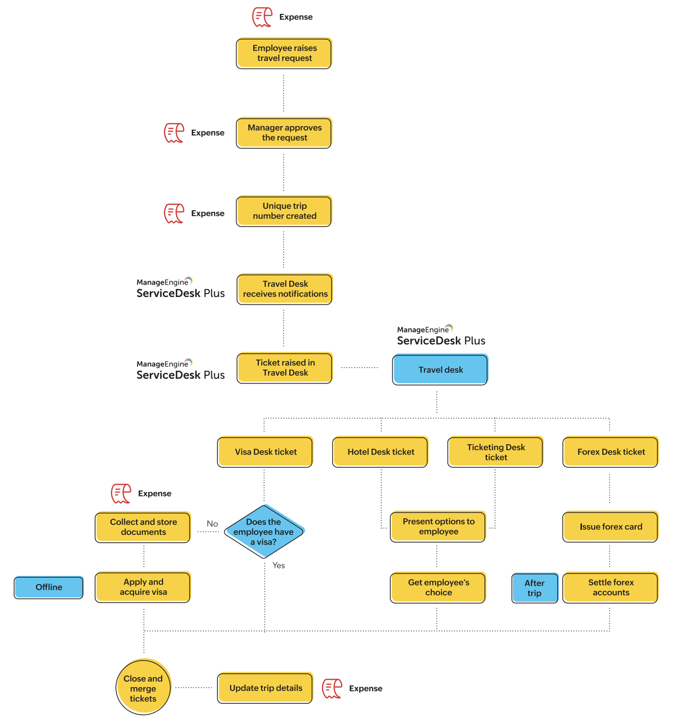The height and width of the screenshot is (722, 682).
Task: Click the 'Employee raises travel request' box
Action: [284, 53]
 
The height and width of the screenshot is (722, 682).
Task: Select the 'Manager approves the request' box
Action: [284, 132]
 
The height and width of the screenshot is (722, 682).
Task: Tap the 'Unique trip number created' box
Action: [284, 211]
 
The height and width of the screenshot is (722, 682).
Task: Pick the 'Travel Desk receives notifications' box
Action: [284, 289]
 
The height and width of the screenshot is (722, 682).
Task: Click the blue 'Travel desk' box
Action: [440, 370]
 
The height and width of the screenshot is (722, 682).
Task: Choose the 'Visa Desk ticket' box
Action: [265, 452]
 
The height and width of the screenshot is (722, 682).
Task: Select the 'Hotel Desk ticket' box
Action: [380, 452]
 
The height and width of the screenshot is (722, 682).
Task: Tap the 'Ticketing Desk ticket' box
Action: [495, 452]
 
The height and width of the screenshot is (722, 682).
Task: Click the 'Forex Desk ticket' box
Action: [611, 452]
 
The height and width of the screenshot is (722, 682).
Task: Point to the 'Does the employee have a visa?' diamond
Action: [264, 532]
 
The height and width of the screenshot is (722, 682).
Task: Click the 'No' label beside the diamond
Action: [212, 524]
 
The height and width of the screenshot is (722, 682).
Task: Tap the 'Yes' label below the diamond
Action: [279, 565]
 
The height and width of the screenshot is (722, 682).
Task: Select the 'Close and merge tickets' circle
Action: [143, 688]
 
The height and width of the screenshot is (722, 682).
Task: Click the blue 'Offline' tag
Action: [49, 587]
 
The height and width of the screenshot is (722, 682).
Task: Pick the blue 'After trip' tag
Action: [535, 588]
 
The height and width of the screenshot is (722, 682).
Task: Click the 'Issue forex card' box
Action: [611, 526]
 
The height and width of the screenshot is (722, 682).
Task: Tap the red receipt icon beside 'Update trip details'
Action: [332, 689]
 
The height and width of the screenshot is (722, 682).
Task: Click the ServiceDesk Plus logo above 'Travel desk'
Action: [441, 335]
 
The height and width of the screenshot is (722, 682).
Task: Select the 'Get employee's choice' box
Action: [438, 587]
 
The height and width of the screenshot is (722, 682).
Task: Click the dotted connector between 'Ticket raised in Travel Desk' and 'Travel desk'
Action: [360, 367]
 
